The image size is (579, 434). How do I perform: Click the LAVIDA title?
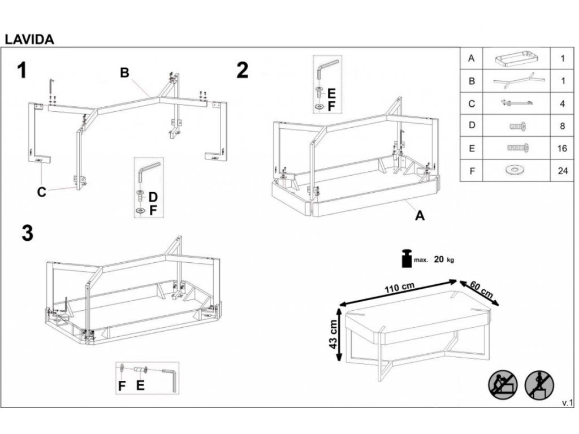[x=29, y=40]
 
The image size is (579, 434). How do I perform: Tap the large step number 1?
[x=23, y=71]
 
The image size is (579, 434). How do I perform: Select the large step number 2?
[x=242, y=71]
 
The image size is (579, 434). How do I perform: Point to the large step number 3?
[x=27, y=234]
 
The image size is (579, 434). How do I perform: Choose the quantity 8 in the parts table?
[x=562, y=125]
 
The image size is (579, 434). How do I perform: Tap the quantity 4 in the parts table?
[x=562, y=103]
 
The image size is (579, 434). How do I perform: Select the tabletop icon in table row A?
[x=515, y=58]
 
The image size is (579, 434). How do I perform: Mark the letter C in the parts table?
[x=472, y=103]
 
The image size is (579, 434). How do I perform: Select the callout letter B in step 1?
[x=124, y=72]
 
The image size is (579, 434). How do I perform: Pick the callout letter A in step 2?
[x=419, y=215]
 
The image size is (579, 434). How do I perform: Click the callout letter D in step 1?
[x=153, y=197]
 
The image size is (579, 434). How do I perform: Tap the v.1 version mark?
[x=567, y=403]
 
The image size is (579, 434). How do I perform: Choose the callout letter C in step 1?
[x=41, y=192]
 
